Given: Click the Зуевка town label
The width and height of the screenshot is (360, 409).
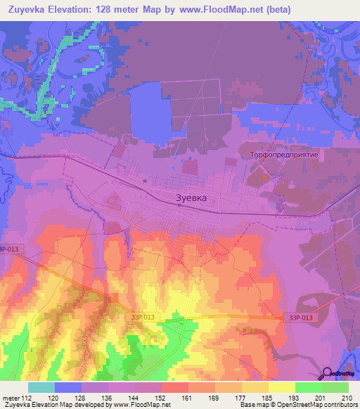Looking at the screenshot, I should pyautogui.click(x=191, y=198).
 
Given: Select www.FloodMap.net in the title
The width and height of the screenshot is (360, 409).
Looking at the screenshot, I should pyautogui.click(x=219, y=9).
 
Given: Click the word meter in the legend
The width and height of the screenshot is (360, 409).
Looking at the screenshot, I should pyautogui.click(x=11, y=397).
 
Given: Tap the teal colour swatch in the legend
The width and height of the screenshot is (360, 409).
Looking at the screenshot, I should pyautogui.click(x=41, y=387).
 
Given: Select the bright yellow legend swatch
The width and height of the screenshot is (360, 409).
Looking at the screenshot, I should pyautogui.click(x=281, y=387).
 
